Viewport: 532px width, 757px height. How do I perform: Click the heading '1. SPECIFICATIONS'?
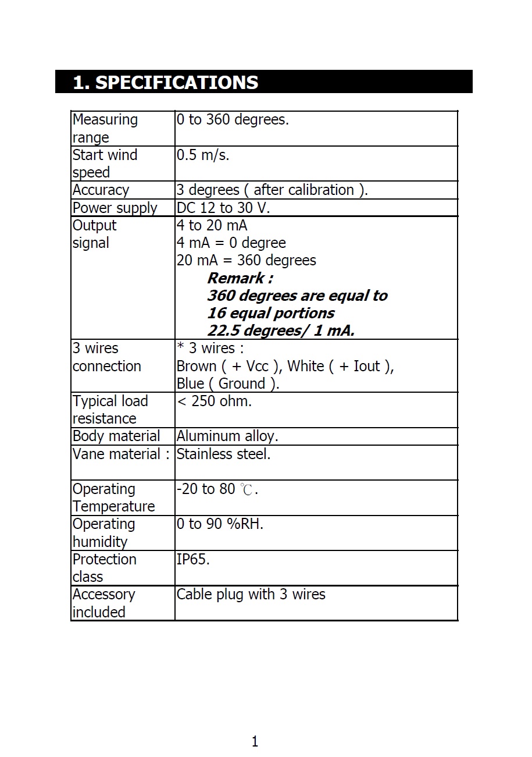coord(166,82)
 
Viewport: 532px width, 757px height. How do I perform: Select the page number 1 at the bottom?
coord(255,741)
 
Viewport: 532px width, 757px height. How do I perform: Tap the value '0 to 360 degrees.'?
coord(233,120)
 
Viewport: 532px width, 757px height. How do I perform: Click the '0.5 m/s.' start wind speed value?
coord(203,155)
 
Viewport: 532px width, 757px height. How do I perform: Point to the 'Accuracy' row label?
coord(101,190)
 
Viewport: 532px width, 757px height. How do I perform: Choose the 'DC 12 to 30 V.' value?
coord(223,208)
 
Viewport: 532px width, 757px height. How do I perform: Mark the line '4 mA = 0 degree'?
coord(231,243)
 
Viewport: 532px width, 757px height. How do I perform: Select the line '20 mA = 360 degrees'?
coord(246,260)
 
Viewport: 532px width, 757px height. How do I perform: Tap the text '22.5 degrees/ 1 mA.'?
coord(281,331)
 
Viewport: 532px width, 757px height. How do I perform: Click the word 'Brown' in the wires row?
coord(196,367)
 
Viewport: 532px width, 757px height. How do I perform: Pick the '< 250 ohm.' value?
coord(214,401)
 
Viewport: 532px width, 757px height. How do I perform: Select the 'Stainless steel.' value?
coord(223,454)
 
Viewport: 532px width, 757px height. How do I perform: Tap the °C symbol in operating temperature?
coord(247,490)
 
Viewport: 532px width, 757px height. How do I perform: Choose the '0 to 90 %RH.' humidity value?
coord(220,524)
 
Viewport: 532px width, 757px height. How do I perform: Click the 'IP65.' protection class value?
coord(193,560)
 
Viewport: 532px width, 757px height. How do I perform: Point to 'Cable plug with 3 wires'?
coord(251,595)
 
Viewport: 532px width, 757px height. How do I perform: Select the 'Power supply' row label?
coord(115,208)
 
